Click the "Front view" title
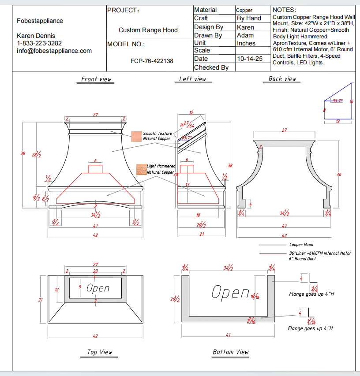tap(96, 79)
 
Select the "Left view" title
tap(192, 79)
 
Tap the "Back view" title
tap(282, 79)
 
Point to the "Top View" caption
tap(99, 352)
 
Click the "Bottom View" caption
tap(230, 352)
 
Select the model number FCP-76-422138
tap(152, 61)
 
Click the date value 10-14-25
tap(250, 59)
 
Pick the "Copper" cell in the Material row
tap(244, 10)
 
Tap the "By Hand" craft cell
tap(249, 19)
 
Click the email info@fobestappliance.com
tap(54, 51)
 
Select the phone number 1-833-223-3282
tap(39, 43)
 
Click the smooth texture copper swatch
tap(136, 136)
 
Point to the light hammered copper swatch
tap(141, 169)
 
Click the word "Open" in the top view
tap(97, 288)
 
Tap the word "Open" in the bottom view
tap(230, 292)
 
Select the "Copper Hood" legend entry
tap(301, 245)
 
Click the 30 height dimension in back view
tap(339, 175)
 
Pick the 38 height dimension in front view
tap(23, 153)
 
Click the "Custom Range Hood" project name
tap(148, 30)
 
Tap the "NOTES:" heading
tap(285, 10)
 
